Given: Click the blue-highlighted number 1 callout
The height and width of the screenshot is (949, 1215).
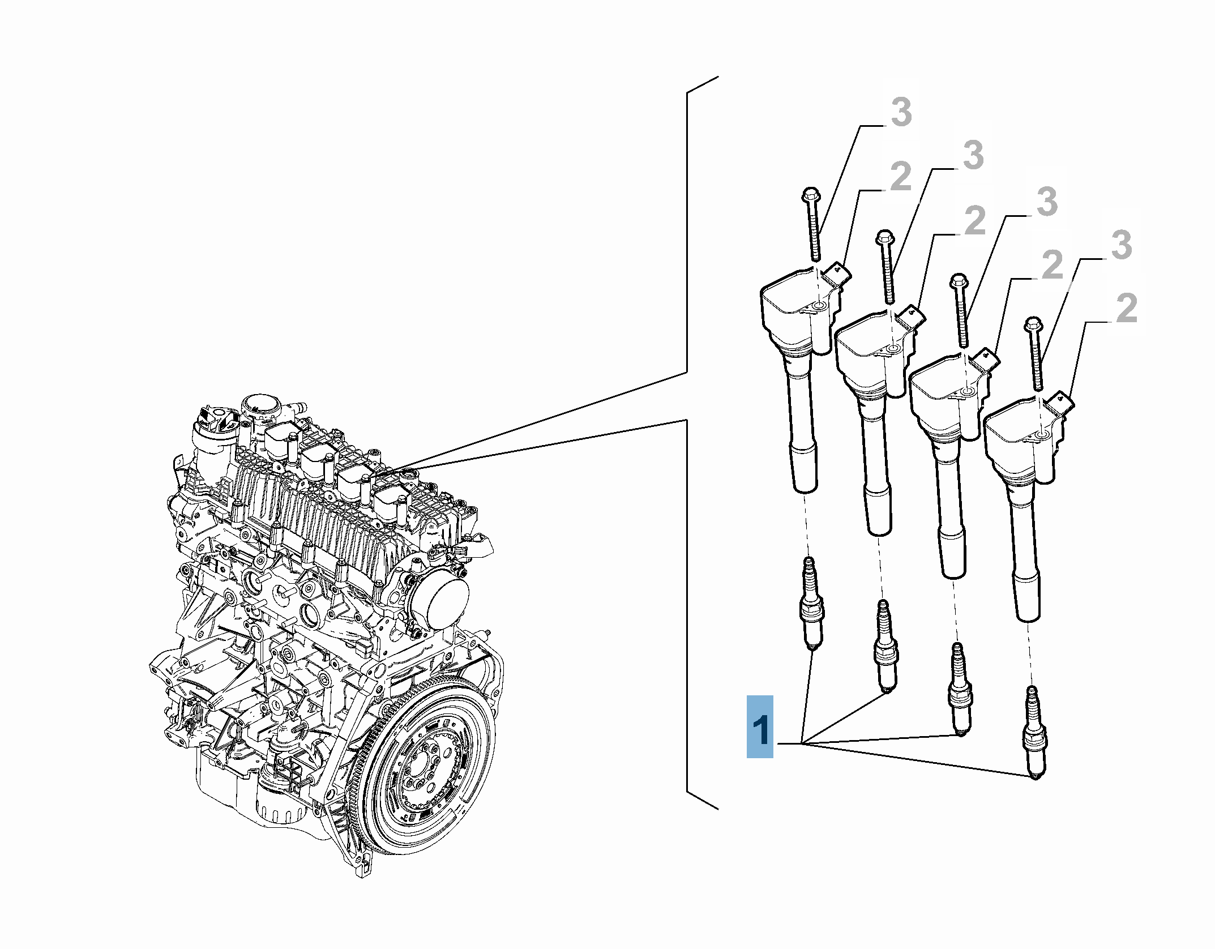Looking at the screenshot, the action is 760,726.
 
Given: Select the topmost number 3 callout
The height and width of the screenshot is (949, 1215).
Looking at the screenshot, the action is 901,112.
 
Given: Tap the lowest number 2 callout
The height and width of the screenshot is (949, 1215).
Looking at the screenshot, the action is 1126,308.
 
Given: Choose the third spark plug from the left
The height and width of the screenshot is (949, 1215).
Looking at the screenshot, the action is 960,690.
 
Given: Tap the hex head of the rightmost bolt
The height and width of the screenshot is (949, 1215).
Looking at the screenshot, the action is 1034,324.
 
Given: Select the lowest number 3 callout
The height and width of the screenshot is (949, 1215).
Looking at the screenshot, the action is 1121,245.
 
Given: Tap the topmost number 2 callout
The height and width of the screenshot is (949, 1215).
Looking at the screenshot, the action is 901,177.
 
